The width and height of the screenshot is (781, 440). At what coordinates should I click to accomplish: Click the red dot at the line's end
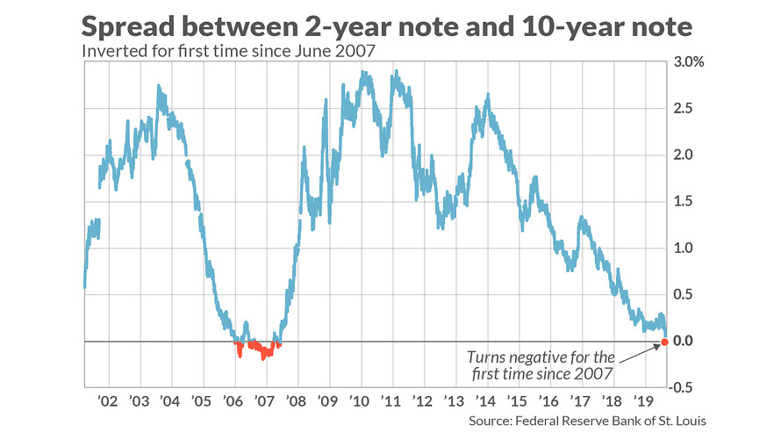tap(663, 341)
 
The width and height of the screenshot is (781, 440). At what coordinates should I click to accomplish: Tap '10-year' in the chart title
tap(555, 25)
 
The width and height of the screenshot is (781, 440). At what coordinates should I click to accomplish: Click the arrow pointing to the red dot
tap(639, 350)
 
